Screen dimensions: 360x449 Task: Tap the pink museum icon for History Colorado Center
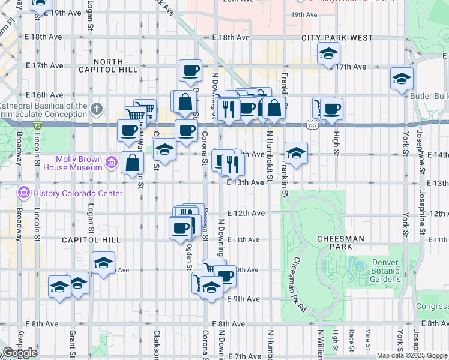coord(23,193)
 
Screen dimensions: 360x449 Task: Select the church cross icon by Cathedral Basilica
coord(97,109)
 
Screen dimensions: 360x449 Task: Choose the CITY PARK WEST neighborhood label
coord(337,38)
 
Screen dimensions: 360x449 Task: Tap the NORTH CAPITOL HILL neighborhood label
coord(108,65)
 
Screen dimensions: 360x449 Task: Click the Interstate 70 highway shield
coord(37,126)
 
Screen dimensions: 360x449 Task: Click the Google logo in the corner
coord(20,353)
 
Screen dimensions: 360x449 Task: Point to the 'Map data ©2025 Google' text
coord(412,355)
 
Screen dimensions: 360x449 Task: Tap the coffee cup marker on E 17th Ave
coord(190,70)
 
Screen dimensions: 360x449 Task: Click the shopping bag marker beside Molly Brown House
coord(131,162)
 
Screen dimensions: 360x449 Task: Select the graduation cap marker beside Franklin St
coord(296,153)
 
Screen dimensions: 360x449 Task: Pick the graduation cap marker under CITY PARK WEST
coord(328,54)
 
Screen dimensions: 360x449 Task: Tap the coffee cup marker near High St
coord(331,109)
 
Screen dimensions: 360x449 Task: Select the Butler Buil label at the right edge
coord(429,96)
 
